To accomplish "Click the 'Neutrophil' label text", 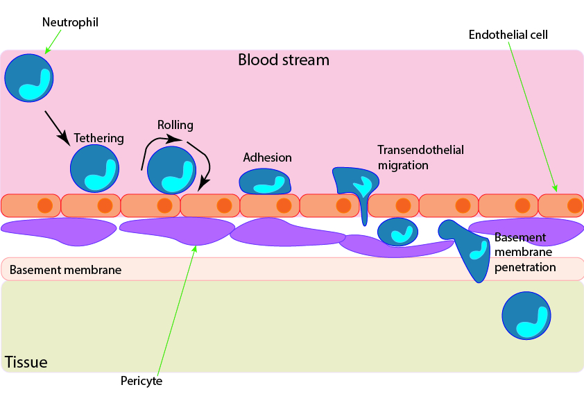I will pos(69,22).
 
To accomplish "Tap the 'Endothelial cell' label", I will pos(508,35).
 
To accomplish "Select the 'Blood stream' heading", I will pos(284,60).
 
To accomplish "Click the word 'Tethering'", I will pos(98,138).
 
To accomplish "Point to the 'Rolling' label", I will pos(175,125).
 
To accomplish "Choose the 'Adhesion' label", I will pos(267,157).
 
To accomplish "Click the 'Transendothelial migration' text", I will pos(420,157).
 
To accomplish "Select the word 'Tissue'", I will pos(26,361).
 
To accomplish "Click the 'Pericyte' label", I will pos(141,380).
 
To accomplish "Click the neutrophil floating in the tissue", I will pos(526,316).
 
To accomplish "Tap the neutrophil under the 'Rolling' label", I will pos(171,171).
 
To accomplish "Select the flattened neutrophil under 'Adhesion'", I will pos(265,182).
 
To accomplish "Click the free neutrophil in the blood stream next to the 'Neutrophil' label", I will pos(28,78).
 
